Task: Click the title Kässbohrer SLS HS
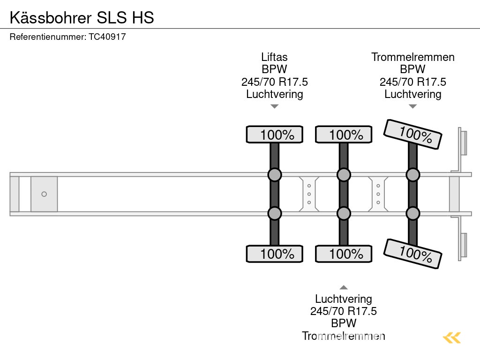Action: point(82,17)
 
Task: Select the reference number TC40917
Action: point(107,37)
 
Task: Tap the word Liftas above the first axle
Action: point(274,57)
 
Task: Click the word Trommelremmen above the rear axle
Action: point(412,57)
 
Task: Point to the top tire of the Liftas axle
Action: point(275,135)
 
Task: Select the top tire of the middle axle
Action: point(344,135)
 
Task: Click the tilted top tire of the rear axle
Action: point(412,134)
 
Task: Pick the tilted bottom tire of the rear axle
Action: point(412,254)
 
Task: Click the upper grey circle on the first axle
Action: point(275,175)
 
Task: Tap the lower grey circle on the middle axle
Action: point(344,213)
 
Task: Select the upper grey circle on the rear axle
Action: point(412,175)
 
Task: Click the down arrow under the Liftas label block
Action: point(275,106)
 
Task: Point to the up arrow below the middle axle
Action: point(344,287)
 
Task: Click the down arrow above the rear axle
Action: point(412,106)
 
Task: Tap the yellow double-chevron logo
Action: point(452,337)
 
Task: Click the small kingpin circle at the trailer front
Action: point(44,194)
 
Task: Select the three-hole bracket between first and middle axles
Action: point(309,194)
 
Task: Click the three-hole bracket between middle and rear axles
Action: point(378,194)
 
